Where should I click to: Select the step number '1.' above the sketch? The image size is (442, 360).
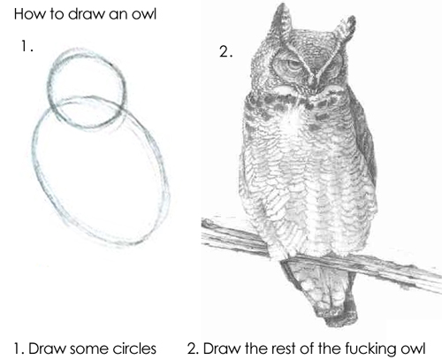tap(27, 47)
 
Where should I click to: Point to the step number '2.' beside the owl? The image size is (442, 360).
tap(225, 51)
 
